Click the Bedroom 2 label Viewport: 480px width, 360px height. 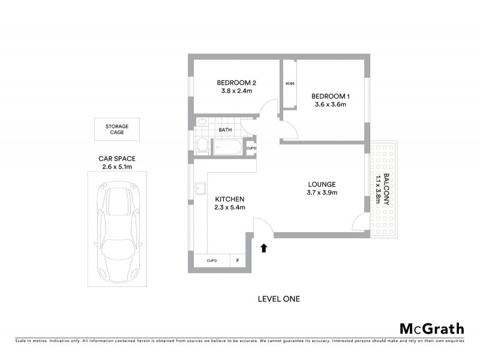(x=236, y=83)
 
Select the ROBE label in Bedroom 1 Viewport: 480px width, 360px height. (x=289, y=83)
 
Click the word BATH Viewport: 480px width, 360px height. (x=225, y=130)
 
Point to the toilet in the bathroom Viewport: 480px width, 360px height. (x=202, y=144)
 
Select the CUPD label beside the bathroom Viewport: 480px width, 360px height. (x=251, y=148)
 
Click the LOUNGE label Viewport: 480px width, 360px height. (x=322, y=184)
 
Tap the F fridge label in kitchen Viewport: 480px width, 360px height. (x=238, y=261)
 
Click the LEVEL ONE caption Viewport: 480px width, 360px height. (x=278, y=298)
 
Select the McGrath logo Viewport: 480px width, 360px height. (x=431, y=328)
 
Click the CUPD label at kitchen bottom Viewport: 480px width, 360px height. (x=212, y=261)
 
